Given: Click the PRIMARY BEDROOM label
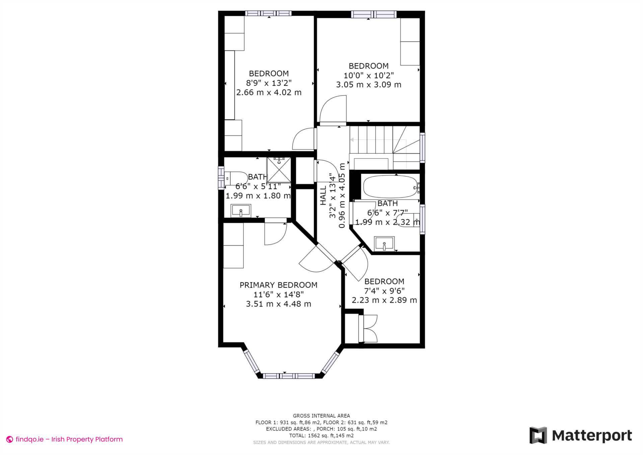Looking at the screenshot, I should pos(278,285).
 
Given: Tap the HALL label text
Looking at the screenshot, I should pos(323,195).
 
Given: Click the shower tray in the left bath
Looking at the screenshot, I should pos(279,170).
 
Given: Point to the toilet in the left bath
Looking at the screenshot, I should pos(235,178).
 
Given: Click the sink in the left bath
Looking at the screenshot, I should pos(240,211).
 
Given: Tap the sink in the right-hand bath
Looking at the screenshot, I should pos(384,244).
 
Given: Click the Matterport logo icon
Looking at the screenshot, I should pos(538,435).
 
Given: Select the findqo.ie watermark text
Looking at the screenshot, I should pos(69,439).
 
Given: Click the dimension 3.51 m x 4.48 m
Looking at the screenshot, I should pos(278,304).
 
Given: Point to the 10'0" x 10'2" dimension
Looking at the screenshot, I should pos(368,75).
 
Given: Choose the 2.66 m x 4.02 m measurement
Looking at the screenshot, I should pos(269,92).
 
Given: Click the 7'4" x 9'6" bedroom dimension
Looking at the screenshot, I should pos(384,291).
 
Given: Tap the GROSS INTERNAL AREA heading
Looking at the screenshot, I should pos(321,416).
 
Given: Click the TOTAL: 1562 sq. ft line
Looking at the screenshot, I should pos(321,436).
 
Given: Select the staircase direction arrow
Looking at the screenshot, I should pos(352,140).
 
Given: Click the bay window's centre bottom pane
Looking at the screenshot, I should pos(289,376).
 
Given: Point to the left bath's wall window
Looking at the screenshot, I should pos(221,178).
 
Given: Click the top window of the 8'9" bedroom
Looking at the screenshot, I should pos(268,13).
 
